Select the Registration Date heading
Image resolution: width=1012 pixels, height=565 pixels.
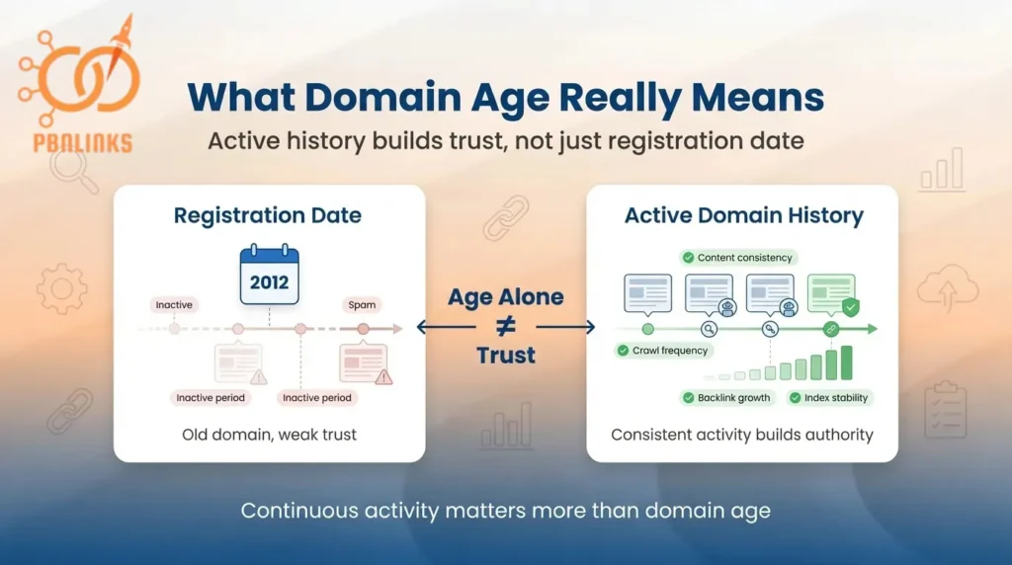[x=268, y=215]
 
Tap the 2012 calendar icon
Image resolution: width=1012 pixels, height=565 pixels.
[x=269, y=276]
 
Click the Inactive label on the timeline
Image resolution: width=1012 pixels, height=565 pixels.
[x=174, y=305]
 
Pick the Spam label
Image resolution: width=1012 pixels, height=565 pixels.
[x=362, y=305]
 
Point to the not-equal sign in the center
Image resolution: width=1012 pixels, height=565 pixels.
[x=505, y=327]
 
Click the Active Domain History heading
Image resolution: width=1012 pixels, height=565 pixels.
[x=743, y=215]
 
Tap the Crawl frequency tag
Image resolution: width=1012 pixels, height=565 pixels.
[x=664, y=351]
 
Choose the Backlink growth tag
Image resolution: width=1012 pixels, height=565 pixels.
[x=726, y=398]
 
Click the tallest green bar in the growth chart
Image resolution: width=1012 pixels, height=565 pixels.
[x=846, y=363]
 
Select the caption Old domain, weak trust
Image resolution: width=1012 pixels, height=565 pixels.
[x=269, y=435]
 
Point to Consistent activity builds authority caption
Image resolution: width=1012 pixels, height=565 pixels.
[x=742, y=435]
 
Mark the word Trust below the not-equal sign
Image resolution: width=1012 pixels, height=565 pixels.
[x=505, y=356]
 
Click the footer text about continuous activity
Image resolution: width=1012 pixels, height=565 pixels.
[x=505, y=512]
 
